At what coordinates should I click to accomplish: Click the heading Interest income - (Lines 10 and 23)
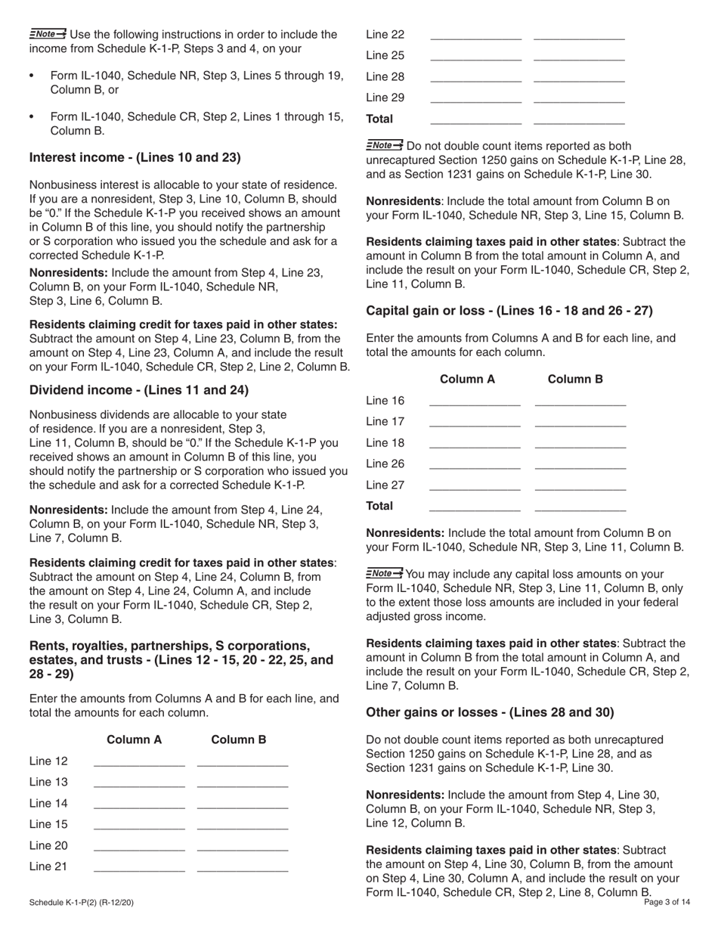(135, 157)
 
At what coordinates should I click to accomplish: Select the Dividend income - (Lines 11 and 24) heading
(138, 390)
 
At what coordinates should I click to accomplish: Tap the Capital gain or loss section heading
(509, 310)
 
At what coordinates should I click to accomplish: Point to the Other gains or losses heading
(490, 711)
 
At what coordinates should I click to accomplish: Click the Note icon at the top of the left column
(48, 33)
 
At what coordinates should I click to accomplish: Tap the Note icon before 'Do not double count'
(385, 145)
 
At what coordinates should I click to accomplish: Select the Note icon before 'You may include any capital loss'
(385, 573)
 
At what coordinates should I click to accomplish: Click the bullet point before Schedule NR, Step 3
(32, 76)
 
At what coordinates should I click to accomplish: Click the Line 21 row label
(48, 866)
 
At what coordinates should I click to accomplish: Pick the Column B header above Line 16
(575, 379)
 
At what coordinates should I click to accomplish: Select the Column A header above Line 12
(135, 739)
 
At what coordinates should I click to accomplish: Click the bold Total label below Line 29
(379, 119)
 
